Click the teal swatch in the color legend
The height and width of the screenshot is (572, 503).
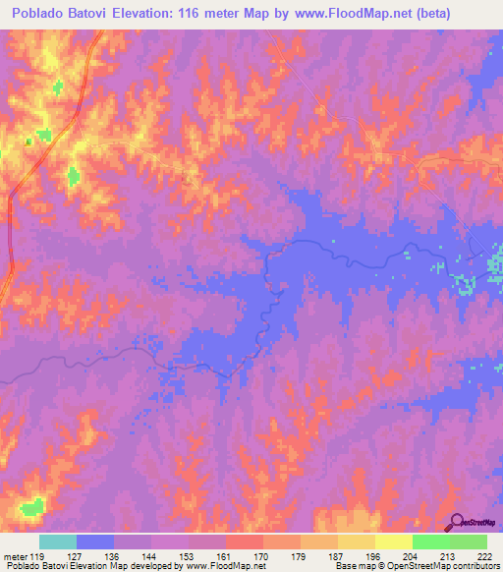pos(58,542)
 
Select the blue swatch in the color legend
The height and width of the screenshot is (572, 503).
pos(95,542)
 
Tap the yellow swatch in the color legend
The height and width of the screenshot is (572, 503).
pos(394,542)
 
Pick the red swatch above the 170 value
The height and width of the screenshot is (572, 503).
pos(245,542)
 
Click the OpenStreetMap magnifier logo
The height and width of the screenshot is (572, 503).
pos(457,522)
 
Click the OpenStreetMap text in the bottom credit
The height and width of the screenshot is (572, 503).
pos(428,566)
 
